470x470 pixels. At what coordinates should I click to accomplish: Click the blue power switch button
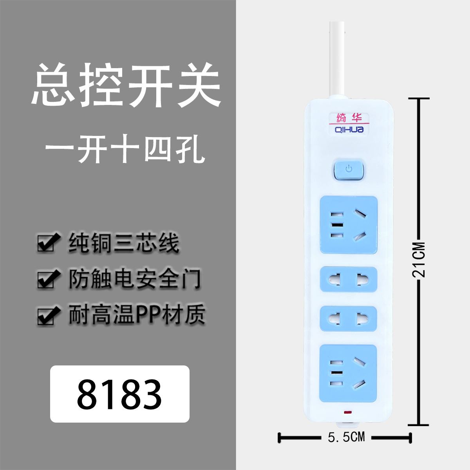pyautogui.click(x=349, y=170)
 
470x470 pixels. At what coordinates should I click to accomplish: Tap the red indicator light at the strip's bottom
pyautogui.click(x=347, y=412)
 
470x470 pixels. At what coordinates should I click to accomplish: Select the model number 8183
pyautogui.click(x=119, y=394)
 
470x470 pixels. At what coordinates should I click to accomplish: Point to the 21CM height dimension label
pyautogui.click(x=419, y=260)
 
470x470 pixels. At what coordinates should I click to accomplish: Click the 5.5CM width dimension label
pyautogui.click(x=346, y=437)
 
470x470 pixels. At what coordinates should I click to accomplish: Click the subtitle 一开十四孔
pyautogui.click(x=125, y=150)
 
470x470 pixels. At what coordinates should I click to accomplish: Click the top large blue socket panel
pyautogui.click(x=349, y=225)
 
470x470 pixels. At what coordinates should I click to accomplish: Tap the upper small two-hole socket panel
pyautogui.click(x=349, y=280)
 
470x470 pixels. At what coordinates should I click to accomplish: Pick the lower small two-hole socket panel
pyautogui.click(x=349, y=318)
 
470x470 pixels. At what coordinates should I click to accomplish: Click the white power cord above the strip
pyautogui.click(x=338, y=59)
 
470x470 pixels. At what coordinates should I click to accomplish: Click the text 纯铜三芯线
pyautogui.click(x=124, y=243)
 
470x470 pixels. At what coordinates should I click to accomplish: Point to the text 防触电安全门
pyautogui.click(x=135, y=279)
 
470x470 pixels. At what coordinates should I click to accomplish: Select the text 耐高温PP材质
pyautogui.click(x=137, y=315)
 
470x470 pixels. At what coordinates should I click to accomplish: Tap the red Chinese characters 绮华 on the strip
pyautogui.click(x=349, y=118)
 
